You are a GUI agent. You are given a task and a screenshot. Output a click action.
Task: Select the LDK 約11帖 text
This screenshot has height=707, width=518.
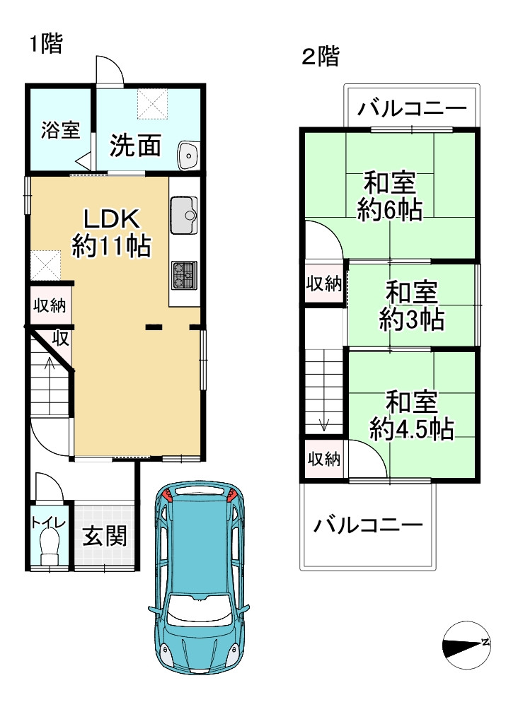point(111,231)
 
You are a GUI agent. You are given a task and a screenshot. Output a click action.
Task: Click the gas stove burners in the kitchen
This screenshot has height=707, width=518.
point(184,274)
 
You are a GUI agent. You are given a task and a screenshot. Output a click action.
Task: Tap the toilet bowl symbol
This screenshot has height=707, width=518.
point(50,547)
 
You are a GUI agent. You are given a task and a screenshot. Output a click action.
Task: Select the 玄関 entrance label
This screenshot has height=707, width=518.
point(105,536)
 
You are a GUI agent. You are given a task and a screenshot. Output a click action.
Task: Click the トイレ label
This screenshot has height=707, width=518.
point(49,523)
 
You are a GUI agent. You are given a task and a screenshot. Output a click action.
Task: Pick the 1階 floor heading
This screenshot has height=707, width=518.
point(46,44)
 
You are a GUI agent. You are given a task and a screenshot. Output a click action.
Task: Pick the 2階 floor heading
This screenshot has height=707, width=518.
point(321,57)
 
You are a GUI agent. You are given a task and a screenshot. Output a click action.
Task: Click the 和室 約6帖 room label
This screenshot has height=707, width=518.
point(389,197)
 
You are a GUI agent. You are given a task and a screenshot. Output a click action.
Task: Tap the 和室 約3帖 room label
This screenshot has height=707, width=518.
point(411,305)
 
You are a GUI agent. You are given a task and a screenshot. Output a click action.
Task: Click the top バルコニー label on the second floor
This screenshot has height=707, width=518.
point(411,110)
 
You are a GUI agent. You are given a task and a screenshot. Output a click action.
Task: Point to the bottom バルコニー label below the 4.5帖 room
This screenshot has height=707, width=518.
point(368,525)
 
